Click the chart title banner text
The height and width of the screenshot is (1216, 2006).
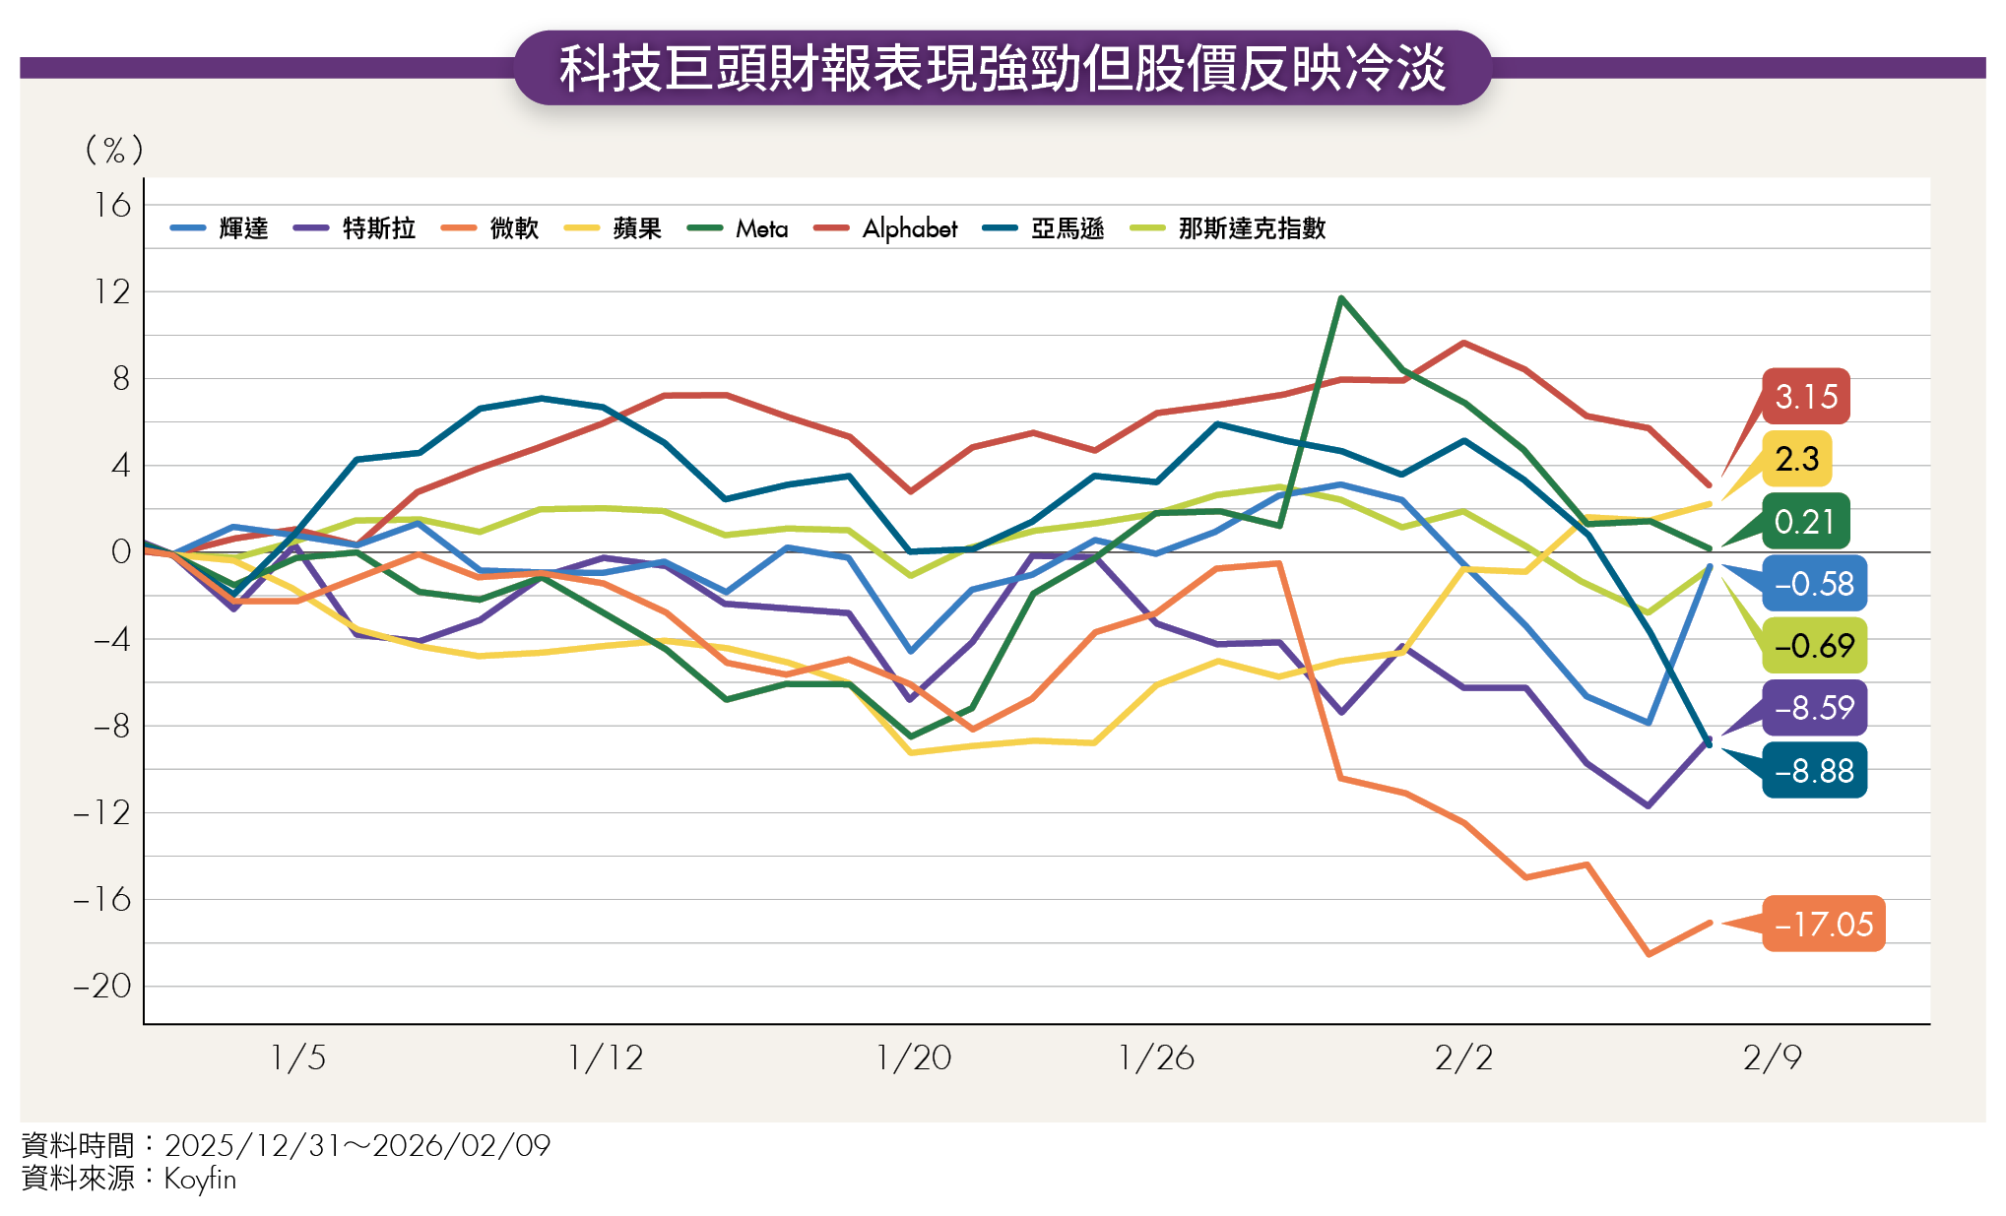pyautogui.click(x=1003, y=69)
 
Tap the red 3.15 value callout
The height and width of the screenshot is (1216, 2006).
pyautogui.click(x=1806, y=397)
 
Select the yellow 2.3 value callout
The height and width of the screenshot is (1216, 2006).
pyautogui.click(x=1797, y=459)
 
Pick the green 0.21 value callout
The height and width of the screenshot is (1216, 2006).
pyautogui.click(x=1804, y=521)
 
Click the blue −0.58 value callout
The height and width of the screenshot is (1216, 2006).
pyautogui.click(x=1814, y=584)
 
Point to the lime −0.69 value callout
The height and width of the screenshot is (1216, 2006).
pyautogui.click(x=1814, y=646)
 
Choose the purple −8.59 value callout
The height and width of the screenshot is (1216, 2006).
pyautogui.click(x=1814, y=708)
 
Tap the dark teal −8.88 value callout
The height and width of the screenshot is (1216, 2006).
pyautogui.click(x=1814, y=771)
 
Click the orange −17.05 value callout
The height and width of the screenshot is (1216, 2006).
pyautogui.click(x=1823, y=924)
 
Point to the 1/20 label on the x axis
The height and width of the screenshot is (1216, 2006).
pyautogui.click(x=914, y=1058)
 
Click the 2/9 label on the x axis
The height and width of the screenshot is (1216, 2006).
pyautogui.click(x=1772, y=1058)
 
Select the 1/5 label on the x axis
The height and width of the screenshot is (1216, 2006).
pyautogui.click(x=298, y=1058)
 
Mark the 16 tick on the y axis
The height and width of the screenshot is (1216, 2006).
pyautogui.click(x=113, y=206)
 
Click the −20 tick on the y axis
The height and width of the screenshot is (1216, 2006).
pyautogui.click(x=102, y=986)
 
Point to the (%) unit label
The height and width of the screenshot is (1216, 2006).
pyautogui.click(x=114, y=150)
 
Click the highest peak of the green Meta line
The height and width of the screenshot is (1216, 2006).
pyautogui.click(x=1341, y=297)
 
